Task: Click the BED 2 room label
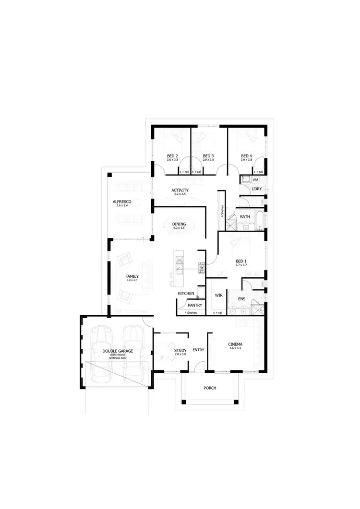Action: pos(173,156)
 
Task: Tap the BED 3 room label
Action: pos(208,156)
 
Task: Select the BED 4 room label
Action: pos(246,156)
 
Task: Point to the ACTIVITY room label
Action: pos(180,190)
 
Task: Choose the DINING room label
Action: pos(179,224)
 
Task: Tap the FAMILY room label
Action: pos(132,276)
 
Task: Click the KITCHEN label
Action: pos(186,293)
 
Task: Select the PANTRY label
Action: pos(195,305)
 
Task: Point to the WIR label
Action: pos(218,295)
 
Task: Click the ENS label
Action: pos(242,299)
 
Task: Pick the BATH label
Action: pos(245,217)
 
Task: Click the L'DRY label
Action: pos(257,189)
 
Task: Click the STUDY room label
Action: pos(180,351)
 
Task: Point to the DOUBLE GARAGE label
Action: pos(118,351)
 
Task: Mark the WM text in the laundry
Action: pos(255,179)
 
